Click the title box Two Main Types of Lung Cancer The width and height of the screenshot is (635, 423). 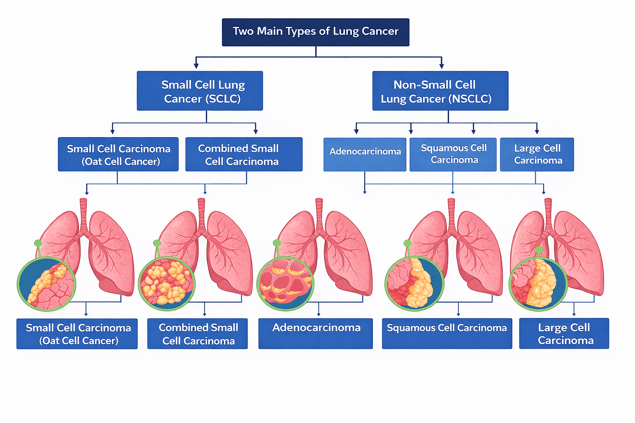click(315, 32)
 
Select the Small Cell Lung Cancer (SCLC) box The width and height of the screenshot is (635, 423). click(200, 91)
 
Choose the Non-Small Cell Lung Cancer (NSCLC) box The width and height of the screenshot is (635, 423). click(440, 91)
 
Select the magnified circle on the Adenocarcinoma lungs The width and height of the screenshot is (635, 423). click(285, 283)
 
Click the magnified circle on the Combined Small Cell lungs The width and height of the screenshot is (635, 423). click(167, 283)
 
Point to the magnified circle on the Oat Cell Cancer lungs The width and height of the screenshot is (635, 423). click(46, 283)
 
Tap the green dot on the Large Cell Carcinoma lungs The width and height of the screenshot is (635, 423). click(539, 250)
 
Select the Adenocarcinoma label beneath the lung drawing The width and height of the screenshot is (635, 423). click(315, 333)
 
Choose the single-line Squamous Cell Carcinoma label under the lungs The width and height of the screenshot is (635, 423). click(447, 333)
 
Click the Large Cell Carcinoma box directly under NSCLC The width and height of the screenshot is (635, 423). click(537, 154)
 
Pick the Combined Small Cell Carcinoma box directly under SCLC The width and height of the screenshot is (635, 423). click(244, 154)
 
